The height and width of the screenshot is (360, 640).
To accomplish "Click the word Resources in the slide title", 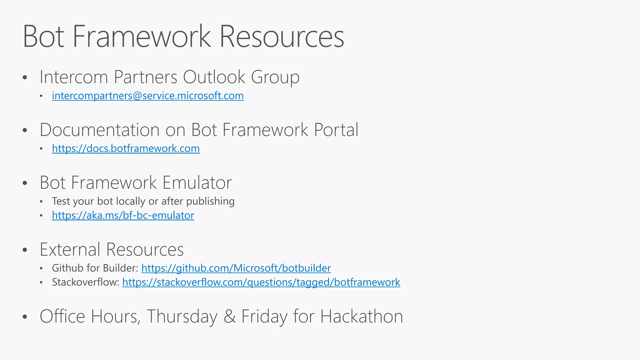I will tap(281, 37).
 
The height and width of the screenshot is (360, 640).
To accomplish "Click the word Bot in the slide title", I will tap(43, 37).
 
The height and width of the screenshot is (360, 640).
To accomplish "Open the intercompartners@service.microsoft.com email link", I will tap(148, 96).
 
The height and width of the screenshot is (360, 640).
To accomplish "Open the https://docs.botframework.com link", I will tap(126, 148).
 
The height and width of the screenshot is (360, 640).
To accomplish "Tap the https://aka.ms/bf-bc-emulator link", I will tap(123, 215).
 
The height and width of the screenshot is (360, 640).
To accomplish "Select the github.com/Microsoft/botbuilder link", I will tap(236, 268).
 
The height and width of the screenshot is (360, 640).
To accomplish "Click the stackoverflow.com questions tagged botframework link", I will tap(261, 282).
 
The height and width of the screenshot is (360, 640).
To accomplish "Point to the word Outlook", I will tap(214, 77).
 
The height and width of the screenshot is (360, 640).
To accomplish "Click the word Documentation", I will tap(100, 130).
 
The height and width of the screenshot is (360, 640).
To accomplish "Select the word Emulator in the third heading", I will tap(197, 182).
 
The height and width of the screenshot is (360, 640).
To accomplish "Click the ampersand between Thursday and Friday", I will tap(229, 316).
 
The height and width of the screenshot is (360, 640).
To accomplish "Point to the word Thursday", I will tap(182, 316).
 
